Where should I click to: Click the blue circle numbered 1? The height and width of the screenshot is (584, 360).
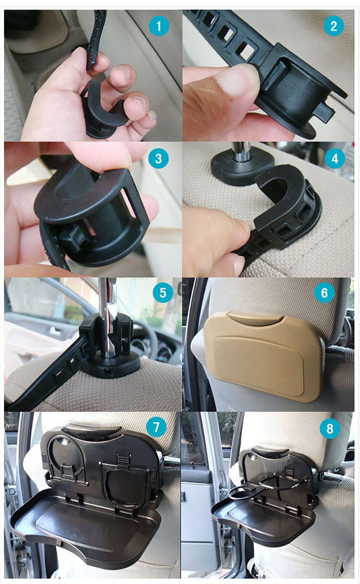pos(159,26)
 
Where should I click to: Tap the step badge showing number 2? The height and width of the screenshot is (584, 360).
pos(334,26)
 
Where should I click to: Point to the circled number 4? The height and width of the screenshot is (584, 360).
pos(335,158)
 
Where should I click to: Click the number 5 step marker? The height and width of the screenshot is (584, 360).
pos(163,293)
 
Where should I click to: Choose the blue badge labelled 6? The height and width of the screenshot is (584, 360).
pos(324,293)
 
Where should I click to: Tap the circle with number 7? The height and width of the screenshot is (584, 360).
pos(156,428)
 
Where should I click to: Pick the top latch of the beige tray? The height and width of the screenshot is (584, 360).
pos(256,317)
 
